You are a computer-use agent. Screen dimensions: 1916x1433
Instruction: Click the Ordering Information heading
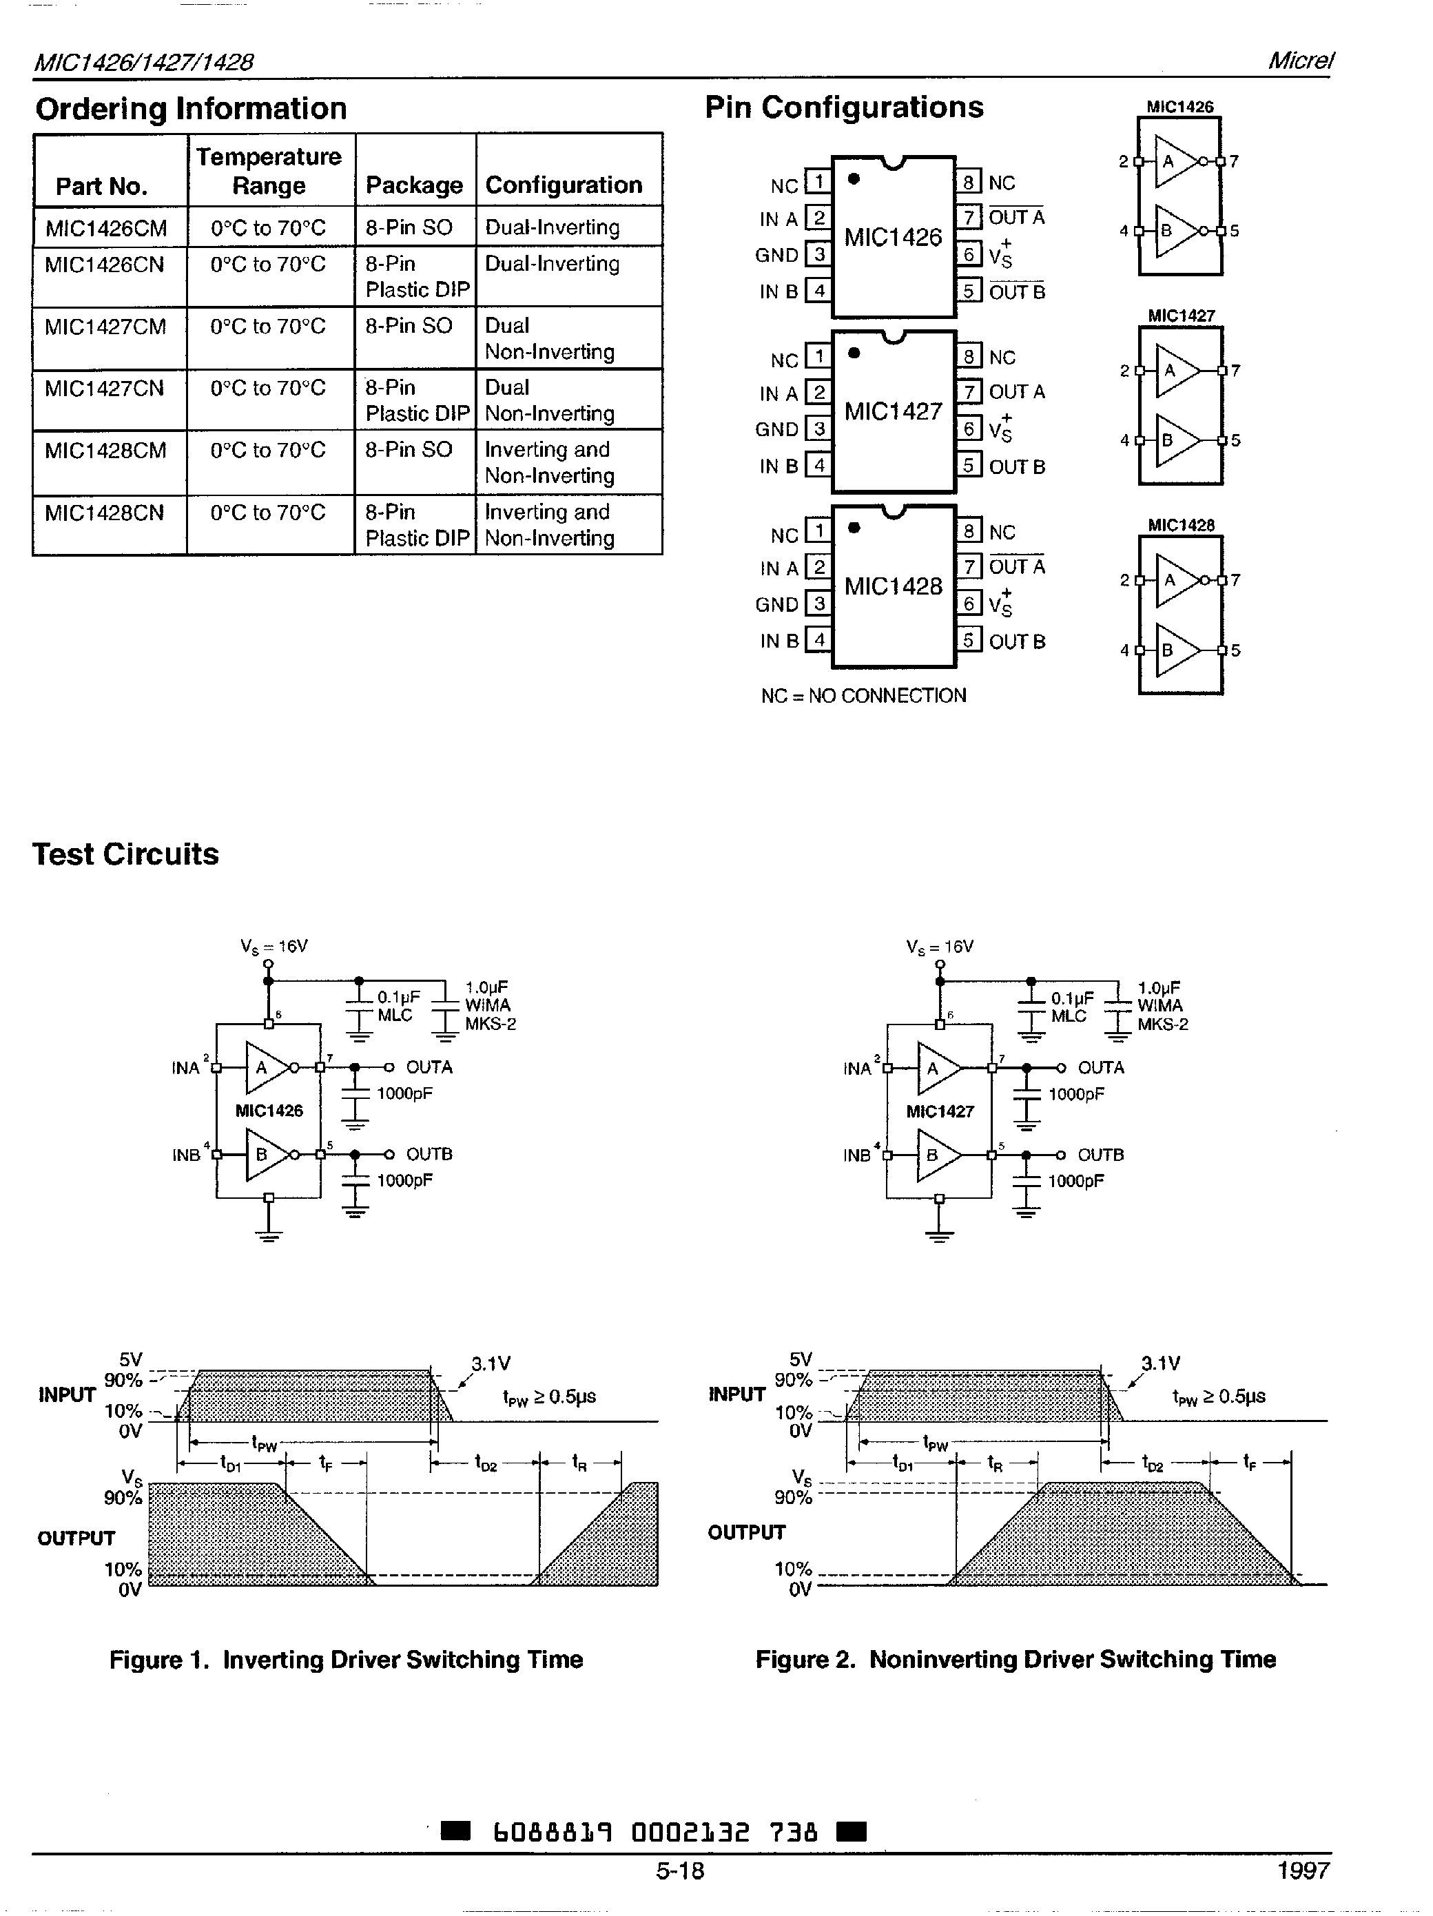[191, 109]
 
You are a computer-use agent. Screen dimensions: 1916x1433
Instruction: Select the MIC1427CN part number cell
[104, 388]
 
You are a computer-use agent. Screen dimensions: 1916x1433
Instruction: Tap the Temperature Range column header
[269, 171]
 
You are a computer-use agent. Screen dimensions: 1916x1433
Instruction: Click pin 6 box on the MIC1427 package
[969, 429]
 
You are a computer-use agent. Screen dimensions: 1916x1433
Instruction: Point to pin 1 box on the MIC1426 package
[818, 182]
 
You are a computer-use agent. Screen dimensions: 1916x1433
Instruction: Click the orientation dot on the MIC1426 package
[854, 179]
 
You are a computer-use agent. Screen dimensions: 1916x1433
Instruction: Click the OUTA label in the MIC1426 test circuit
[429, 1067]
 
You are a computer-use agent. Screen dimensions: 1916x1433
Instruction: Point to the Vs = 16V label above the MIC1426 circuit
[274, 947]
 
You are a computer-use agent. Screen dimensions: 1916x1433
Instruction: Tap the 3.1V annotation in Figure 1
[491, 1364]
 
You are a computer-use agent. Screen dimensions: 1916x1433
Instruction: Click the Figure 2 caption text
[1016, 1660]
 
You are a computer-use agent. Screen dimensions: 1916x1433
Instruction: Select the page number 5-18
[680, 1871]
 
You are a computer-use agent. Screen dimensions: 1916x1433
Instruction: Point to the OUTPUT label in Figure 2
[746, 1532]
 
